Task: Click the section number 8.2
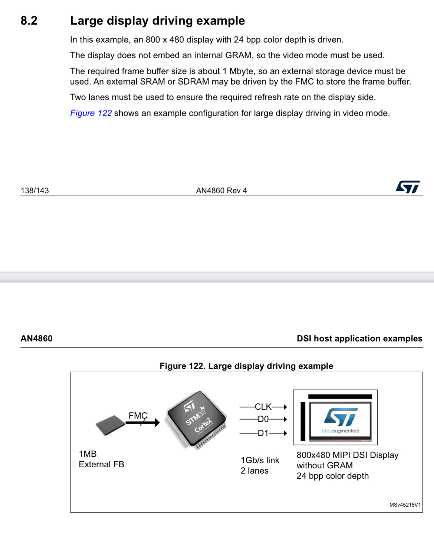(29, 21)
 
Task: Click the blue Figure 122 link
(91, 113)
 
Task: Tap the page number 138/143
(35, 190)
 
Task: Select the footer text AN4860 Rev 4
(221, 190)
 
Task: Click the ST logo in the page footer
(408, 187)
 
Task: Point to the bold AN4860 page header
(36, 338)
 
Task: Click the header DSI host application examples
(359, 338)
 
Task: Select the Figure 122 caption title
(246, 366)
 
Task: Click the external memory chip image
(110, 425)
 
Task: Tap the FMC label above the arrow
(138, 415)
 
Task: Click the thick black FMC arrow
(143, 422)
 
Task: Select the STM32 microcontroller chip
(197, 419)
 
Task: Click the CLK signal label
(263, 407)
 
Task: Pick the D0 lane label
(263, 419)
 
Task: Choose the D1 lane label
(263, 433)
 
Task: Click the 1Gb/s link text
(260, 460)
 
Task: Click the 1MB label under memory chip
(88, 454)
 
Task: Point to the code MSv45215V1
(405, 505)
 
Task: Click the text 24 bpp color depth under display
(333, 476)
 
